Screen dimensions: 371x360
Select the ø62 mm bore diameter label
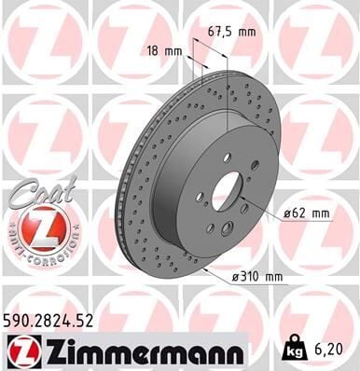pos(308,214)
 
